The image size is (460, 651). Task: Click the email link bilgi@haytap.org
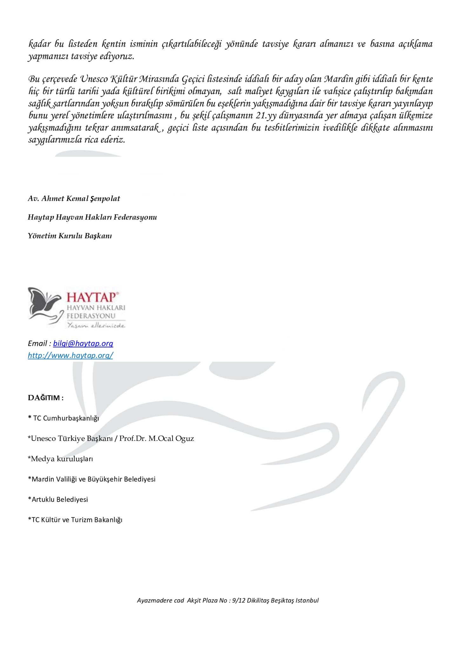tap(83, 343)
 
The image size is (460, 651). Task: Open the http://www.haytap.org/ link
tap(70, 355)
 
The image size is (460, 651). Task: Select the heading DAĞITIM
tap(45, 398)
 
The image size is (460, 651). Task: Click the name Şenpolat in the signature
tap(105, 199)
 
